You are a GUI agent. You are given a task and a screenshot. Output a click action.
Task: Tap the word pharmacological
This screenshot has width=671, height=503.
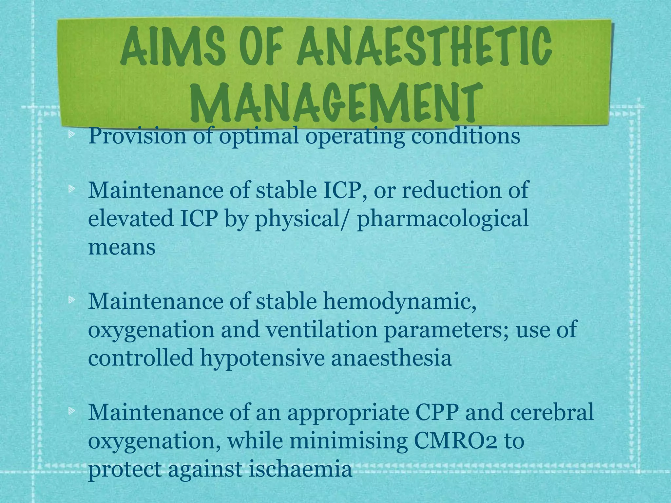coord(442,219)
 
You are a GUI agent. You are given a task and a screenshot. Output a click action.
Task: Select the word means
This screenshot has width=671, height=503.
coord(122,248)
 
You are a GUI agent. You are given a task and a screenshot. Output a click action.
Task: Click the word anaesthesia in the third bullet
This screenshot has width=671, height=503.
coord(392,358)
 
